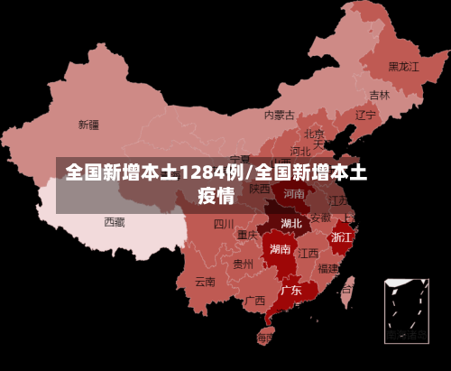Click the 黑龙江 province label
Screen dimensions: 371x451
point(404,66)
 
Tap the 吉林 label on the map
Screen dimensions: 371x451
point(380,95)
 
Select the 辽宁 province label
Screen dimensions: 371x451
point(365,115)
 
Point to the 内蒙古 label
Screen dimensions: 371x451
point(280,115)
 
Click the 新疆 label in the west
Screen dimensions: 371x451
point(88,125)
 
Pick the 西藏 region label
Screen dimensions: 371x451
point(115,221)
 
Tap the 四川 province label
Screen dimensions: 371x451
point(224,224)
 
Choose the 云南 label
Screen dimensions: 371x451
point(206,281)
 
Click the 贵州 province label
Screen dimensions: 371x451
point(243,264)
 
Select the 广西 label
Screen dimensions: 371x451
point(255,301)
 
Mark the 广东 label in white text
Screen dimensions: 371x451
point(290,291)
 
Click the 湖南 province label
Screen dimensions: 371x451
point(280,248)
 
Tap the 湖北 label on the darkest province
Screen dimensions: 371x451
point(291,222)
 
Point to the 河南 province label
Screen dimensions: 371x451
point(294,193)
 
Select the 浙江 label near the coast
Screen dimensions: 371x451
point(342,237)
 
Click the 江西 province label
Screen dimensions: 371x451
point(308,253)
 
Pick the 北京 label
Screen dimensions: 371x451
point(314,134)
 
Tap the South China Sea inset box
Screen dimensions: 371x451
point(406,311)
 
